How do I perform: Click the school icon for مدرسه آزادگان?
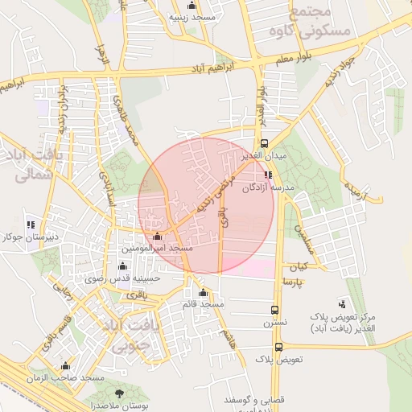click(268, 175)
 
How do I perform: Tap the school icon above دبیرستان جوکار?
click(31, 225)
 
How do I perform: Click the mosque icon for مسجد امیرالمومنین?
click(157, 237)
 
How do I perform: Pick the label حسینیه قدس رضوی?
click(124, 278)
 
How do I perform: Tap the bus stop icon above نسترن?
click(275, 310)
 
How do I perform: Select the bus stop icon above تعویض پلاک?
click(278, 348)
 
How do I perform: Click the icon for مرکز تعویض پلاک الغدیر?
click(342, 304)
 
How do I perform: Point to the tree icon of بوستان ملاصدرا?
click(120, 393)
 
